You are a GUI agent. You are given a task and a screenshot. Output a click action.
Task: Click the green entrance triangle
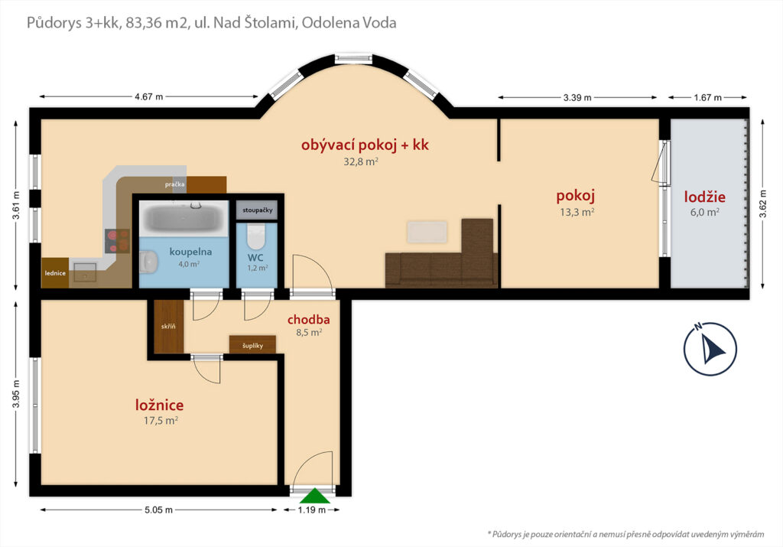(314, 496)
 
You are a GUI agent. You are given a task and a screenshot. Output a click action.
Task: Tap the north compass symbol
(710, 348)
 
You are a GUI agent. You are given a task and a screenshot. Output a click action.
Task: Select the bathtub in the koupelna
(184, 218)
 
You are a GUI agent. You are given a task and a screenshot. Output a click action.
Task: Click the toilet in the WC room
(256, 236)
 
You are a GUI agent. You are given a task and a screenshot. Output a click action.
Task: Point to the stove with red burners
(117, 241)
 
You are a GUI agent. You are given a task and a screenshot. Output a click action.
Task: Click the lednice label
(55, 273)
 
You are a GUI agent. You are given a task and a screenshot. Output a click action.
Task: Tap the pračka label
(175, 184)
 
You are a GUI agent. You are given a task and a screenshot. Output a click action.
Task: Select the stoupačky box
(257, 210)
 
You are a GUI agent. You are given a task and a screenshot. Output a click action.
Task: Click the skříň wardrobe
(169, 326)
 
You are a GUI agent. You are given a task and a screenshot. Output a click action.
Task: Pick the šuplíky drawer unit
(252, 345)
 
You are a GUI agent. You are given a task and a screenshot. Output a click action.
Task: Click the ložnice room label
(160, 405)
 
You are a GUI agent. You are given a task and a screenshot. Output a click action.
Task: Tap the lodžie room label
(704, 197)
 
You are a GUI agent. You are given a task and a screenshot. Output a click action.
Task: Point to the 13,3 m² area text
(577, 213)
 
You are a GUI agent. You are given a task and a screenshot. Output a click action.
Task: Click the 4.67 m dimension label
(149, 97)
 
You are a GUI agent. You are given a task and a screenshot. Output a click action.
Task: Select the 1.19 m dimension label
(312, 510)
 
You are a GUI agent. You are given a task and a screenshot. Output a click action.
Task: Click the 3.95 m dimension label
(16, 394)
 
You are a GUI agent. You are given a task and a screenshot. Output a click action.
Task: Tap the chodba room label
(309, 320)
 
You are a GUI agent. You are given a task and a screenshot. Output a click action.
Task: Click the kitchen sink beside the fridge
(86, 273)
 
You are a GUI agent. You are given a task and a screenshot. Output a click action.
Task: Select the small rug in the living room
(427, 233)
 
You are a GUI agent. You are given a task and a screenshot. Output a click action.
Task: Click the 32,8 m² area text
(361, 162)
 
